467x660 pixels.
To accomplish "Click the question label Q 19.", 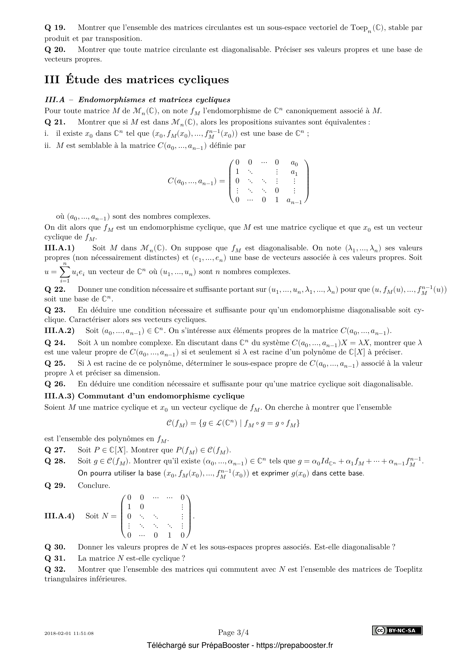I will coord(55,28).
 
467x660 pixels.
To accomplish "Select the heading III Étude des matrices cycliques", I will coord(137,80).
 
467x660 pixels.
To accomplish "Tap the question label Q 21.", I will coord(55,122).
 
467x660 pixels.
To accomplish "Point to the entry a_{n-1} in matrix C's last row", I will coord(294,201).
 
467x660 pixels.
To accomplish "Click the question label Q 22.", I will coord(55,290).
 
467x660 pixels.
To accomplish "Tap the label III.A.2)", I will coord(59,331).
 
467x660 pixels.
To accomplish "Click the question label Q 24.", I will coord(55,343).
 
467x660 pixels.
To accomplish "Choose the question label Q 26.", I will coord(55,384).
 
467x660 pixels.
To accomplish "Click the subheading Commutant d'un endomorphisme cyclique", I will coord(161,396).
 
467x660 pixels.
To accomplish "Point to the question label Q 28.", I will coord(55,461).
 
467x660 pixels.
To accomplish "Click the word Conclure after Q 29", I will coord(94,486).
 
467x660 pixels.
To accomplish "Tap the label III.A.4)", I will coord(59,516).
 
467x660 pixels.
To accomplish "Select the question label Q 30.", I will coord(55,547).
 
